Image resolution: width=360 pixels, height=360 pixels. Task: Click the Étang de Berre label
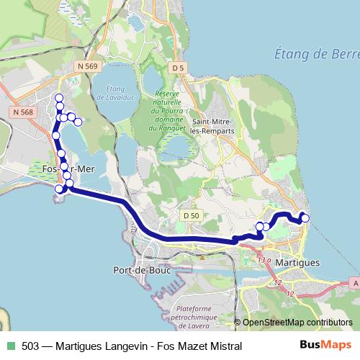[317, 54]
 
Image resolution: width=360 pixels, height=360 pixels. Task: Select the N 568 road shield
[22, 112]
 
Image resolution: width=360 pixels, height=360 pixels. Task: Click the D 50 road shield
[191, 215]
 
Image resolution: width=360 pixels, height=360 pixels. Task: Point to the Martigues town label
[297, 264]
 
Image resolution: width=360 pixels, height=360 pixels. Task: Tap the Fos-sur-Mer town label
[69, 168]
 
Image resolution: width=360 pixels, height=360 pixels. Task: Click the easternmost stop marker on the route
[305, 218]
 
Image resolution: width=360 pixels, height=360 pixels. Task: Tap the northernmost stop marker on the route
[59, 99]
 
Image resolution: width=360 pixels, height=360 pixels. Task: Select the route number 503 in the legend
[30, 346]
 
